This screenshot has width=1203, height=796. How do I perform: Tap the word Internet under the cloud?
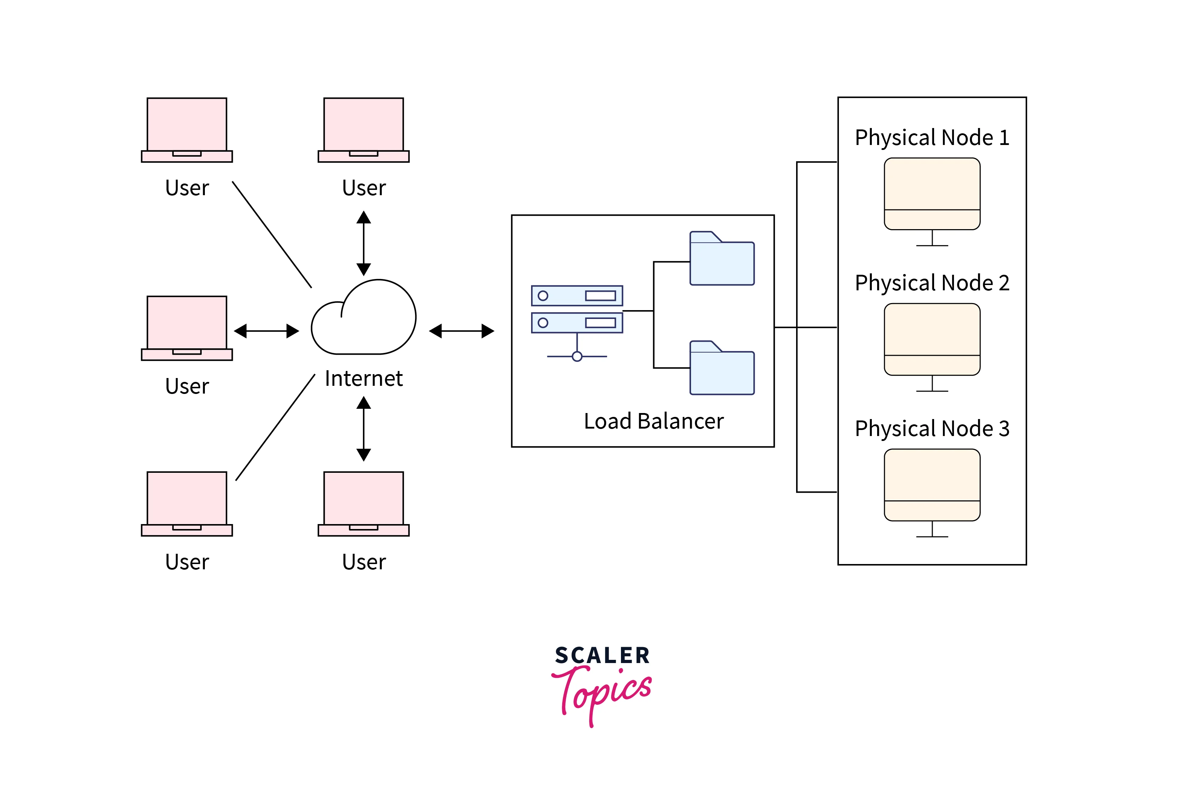364,379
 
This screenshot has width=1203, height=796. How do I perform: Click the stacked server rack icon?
577,309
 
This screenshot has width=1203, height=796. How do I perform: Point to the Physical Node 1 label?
932,138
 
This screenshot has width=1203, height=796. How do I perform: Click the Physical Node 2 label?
932,283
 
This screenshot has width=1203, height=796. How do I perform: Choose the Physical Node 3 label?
932,429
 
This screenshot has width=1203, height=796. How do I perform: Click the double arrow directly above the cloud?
364,243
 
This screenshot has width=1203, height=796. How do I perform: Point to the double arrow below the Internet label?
364,429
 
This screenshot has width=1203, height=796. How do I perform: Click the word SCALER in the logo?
602,655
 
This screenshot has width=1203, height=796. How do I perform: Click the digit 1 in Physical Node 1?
1004,138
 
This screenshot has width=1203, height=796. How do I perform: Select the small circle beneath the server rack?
577,356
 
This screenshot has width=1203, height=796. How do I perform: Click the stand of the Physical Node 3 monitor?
932,530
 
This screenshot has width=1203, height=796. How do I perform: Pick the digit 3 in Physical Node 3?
1004,429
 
